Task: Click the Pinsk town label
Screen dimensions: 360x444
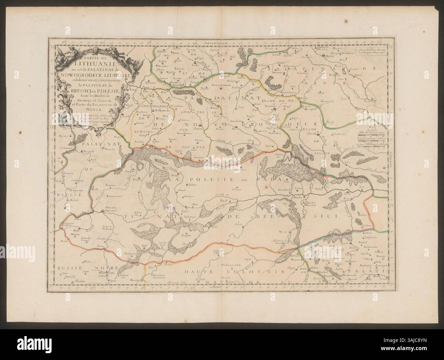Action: click(224, 201)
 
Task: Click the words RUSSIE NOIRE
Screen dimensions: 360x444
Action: click(78, 268)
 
